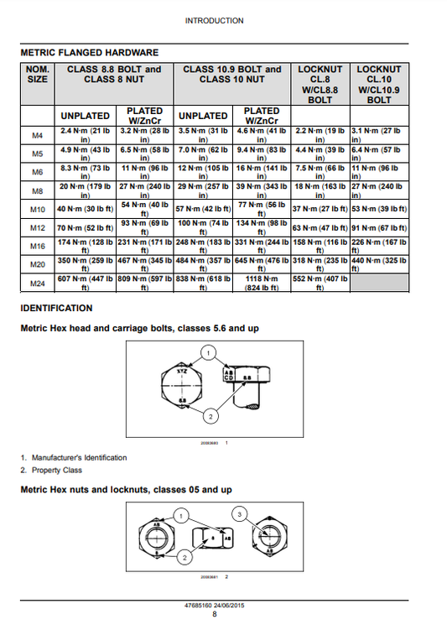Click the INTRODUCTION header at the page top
[215, 21]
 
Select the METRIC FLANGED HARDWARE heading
[89, 52]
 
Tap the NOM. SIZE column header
[37, 75]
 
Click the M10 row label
[37, 208]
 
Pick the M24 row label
[37, 284]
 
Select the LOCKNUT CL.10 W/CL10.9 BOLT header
[379, 84]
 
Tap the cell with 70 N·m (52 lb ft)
[85, 227]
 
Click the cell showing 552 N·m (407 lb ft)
[320, 284]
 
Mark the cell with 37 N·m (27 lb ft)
[320, 208]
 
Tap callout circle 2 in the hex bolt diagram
[211, 416]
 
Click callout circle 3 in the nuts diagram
[240, 513]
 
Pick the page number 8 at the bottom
[215, 615]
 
